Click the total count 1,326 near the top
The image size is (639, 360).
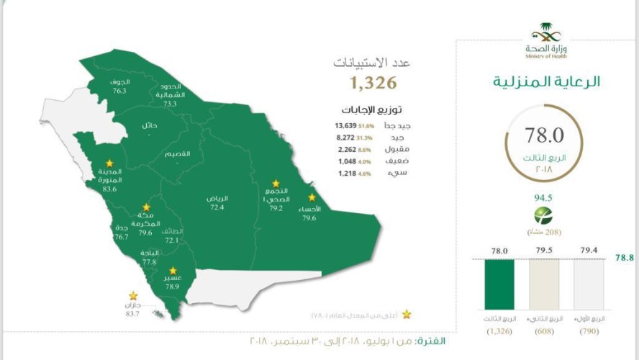[373, 83]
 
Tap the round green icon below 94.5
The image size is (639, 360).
[544, 215]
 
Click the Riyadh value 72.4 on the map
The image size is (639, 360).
[217, 207]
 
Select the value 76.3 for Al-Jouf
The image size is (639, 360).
[119, 91]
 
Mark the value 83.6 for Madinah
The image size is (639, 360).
[109, 189]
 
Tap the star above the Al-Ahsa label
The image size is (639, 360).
[312, 197]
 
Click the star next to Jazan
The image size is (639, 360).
[133, 295]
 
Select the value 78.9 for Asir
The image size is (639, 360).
[172, 286]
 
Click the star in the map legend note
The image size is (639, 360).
[407, 314]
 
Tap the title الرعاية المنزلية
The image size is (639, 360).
[546, 81]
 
